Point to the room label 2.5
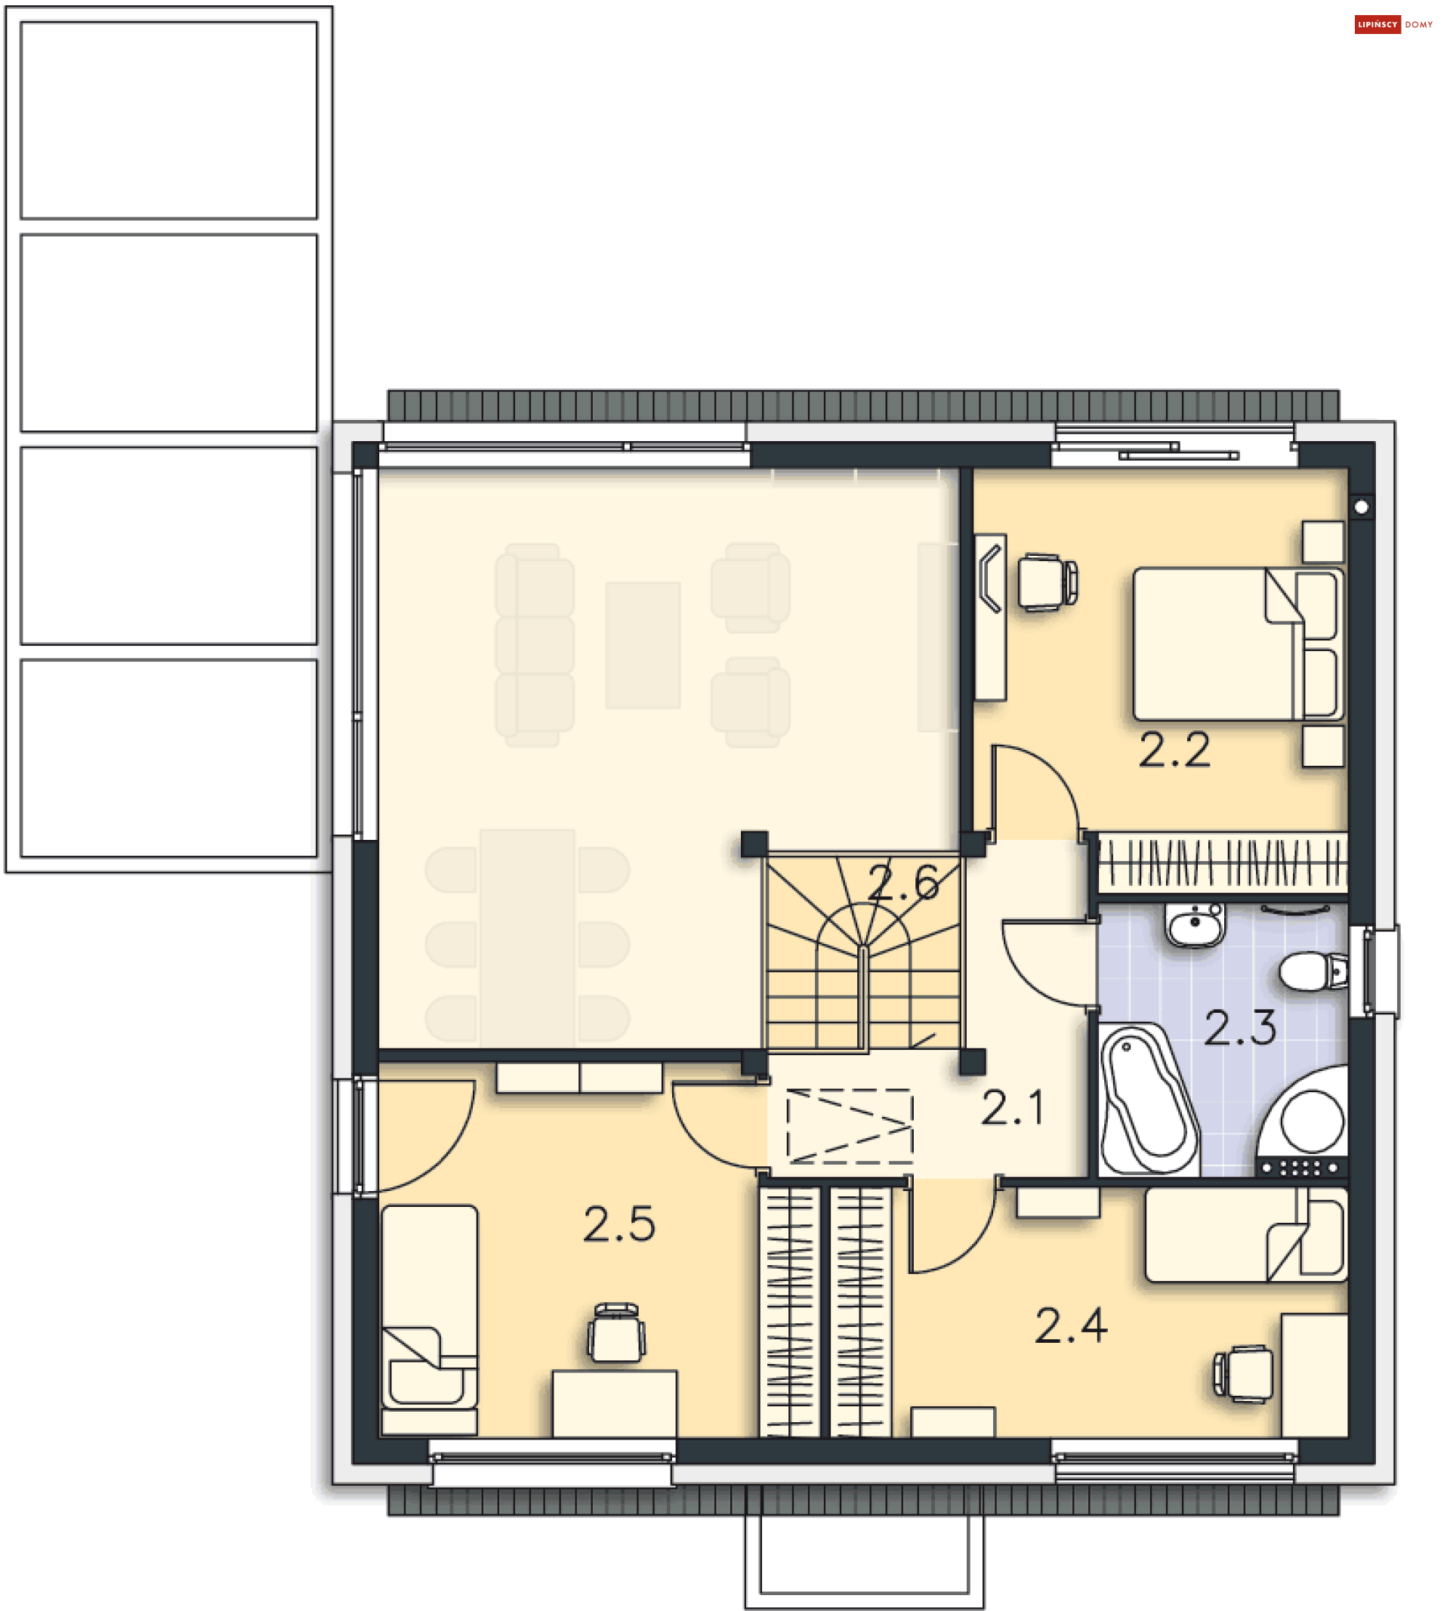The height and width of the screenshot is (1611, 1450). (619, 1224)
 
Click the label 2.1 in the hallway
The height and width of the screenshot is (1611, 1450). (1012, 1108)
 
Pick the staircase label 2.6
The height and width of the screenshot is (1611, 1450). (902, 883)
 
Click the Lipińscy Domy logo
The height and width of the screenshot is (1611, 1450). (1393, 25)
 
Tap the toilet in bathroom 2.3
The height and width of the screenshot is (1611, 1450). (1313, 972)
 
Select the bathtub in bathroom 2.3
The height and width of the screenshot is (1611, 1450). (1148, 1100)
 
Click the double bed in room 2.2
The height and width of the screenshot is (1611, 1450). (1238, 643)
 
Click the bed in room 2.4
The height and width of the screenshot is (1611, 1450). (1246, 1235)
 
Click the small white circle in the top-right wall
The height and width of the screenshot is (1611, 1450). (1361, 507)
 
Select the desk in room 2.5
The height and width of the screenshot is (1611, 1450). (614, 1404)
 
